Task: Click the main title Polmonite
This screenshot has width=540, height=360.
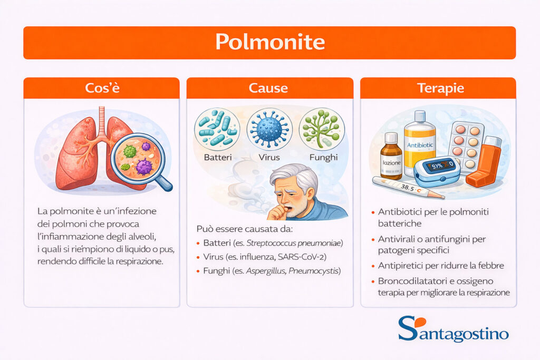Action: pos(269,42)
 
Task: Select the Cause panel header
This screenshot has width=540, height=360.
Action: pos(269,88)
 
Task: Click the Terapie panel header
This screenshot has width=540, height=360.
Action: pos(438,88)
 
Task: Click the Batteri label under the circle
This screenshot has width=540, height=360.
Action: pos(217,157)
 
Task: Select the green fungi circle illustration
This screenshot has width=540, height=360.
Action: pos(322,128)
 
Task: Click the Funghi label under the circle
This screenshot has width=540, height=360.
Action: pos(322,157)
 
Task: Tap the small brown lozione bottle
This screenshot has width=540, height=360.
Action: pos(391,158)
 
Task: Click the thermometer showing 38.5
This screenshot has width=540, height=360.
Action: pos(406,188)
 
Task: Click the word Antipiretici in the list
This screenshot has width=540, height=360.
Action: pos(400,266)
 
